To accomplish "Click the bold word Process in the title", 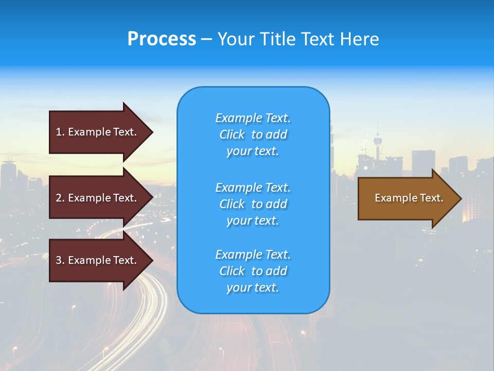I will tap(162, 39).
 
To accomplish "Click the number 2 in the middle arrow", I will tap(59, 198).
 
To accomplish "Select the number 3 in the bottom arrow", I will tap(59, 260).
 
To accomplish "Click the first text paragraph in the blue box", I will tap(253, 134).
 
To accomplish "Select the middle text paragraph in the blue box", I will tap(253, 204).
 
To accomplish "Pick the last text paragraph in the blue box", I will tap(253, 271).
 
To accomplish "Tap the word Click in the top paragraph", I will tap(232, 134).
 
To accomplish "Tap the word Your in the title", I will tap(235, 39).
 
